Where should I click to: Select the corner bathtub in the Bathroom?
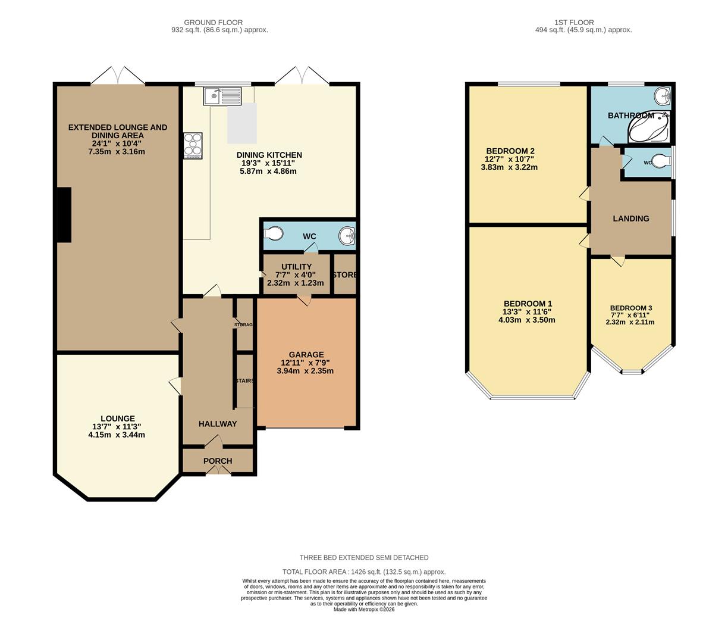click(x=649, y=128)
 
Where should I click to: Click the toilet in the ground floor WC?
click(x=274, y=234)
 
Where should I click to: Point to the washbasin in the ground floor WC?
click(x=347, y=236)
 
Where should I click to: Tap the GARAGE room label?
click(x=307, y=354)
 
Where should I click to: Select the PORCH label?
click(x=218, y=461)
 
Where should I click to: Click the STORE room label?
click(x=345, y=275)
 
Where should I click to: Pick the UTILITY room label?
click(x=296, y=267)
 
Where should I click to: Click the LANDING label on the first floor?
click(x=630, y=219)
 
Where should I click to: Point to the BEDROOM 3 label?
click(x=630, y=308)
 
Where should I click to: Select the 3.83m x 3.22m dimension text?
click(x=509, y=167)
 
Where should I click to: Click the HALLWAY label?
click(x=218, y=424)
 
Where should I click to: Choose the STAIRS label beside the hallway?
click(x=244, y=380)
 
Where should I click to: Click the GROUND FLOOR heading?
click(x=219, y=22)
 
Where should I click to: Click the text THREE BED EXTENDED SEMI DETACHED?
click(x=363, y=558)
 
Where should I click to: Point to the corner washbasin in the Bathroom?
click(x=663, y=96)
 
